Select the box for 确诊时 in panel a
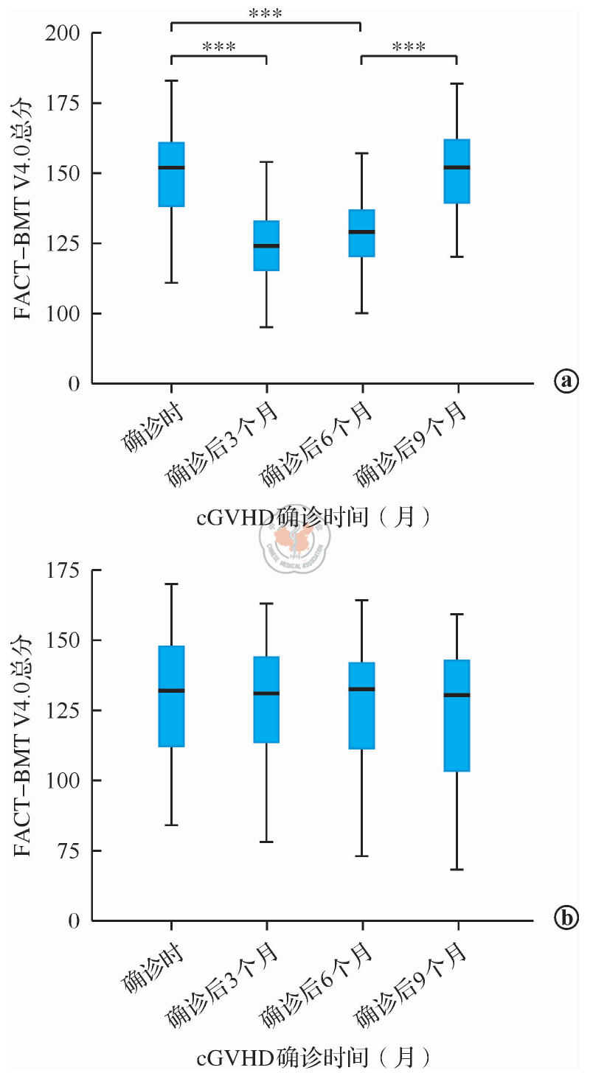pyautogui.click(x=172, y=174)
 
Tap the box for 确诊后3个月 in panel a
pyautogui.click(x=266, y=245)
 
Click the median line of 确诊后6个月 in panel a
pyautogui.click(x=361, y=231)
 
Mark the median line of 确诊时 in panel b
pyautogui.click(x=172, y=691)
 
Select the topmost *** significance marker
pyautogui.click(x=266, y=13)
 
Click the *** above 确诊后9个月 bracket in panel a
pyautogui.click(x=409, y=47)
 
